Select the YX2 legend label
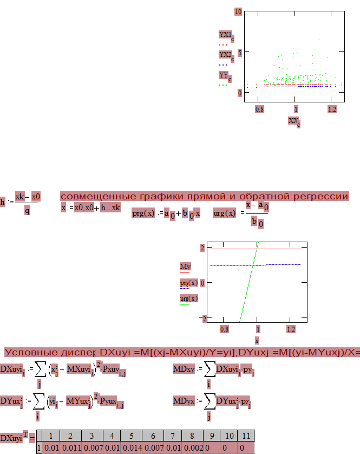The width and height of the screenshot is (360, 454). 225,55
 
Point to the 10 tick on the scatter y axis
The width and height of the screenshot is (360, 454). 238,11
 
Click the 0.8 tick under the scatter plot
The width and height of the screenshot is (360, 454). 259,109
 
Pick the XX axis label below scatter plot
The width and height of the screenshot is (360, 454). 294,121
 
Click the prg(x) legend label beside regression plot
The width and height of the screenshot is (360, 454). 188,283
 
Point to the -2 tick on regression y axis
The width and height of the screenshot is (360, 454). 204,317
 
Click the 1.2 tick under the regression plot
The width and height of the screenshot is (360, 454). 291,329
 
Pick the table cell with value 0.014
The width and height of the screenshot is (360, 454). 131,448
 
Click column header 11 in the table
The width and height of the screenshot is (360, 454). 245,436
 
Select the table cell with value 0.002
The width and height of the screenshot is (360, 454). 194,448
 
